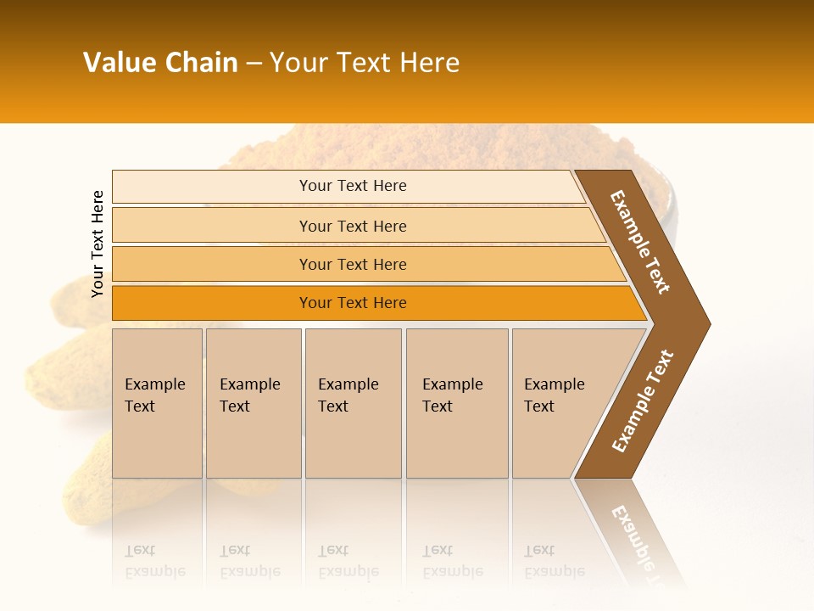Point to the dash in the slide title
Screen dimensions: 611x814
pos(254,64)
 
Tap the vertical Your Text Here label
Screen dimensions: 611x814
pos(98,244)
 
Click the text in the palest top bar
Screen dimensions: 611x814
pos(353,186)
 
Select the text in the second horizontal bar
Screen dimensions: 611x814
pos(353,226)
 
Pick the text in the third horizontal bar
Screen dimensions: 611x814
pos(353,264)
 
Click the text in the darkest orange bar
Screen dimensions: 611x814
pos(353,303)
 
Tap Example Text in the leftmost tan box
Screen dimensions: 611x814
pos(154,395)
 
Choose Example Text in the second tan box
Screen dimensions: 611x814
pos(249,395)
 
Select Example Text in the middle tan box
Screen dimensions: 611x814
pos(348,395)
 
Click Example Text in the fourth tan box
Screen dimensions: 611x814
pos(452,395)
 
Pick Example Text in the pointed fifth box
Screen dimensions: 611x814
pos(554,395)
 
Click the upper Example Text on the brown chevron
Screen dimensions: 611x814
pos(640,242)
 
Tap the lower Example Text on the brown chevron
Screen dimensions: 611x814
pos(642,401)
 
